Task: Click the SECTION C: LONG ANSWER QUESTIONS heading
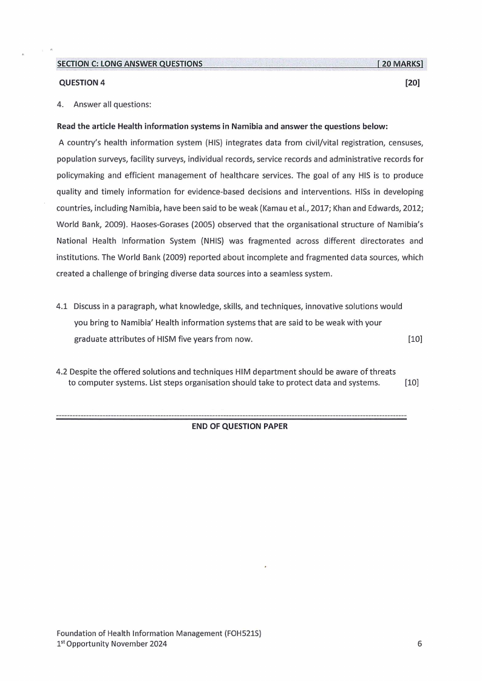(129, 64)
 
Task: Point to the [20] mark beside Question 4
(412, 83)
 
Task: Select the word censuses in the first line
(406, 143)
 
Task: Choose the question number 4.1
(61, 306)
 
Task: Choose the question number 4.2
(61, 371)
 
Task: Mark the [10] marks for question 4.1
(415, 339)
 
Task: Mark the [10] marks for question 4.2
(412, 382)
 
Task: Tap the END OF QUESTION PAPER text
(239, 426)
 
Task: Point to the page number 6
(419, 644)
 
